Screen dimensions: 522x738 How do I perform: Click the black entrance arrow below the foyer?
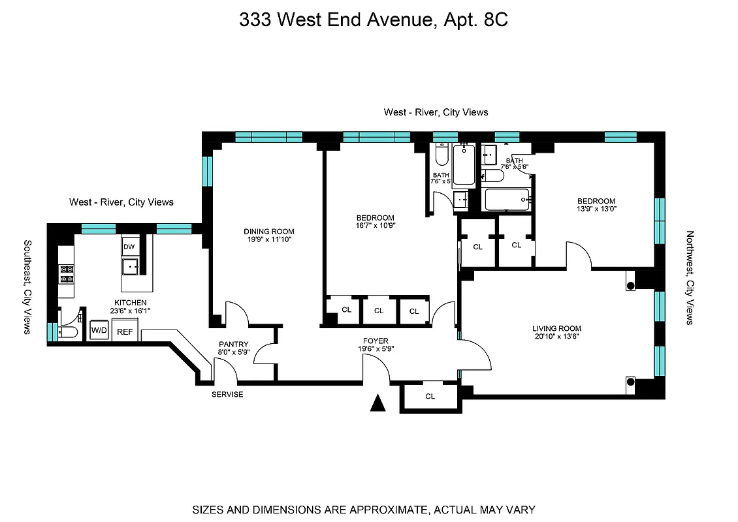377,404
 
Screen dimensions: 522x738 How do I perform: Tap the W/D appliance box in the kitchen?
99,330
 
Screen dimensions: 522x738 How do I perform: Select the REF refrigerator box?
125,331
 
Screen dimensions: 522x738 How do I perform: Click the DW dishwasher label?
129,247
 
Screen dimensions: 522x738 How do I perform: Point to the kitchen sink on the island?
131,267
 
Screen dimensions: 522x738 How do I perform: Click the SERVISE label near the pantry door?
227,394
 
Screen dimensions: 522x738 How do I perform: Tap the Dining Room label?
268,231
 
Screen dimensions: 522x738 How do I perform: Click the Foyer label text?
376,341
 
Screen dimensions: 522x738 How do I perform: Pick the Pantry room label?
233,344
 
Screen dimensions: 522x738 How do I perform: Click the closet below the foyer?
430,397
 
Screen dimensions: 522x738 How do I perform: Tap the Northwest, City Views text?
690,277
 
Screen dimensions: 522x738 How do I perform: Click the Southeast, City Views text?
27,287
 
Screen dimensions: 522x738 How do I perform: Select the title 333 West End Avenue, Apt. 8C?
374,20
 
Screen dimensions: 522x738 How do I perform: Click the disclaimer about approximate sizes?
363,510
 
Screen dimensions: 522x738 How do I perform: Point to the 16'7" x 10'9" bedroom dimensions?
375,226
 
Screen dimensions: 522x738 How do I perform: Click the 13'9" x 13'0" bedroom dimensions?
595,209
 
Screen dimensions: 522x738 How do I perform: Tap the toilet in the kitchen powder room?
67,332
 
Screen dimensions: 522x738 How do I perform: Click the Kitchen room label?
130,303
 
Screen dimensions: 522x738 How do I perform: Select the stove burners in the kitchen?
67,274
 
